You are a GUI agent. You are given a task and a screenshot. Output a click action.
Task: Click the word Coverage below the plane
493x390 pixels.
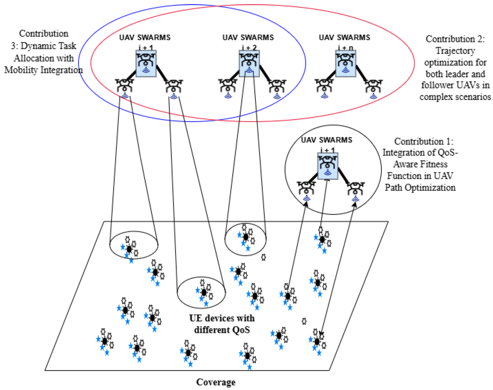point(216,382)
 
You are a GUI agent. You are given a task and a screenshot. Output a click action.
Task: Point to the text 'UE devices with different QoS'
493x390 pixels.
point(222,324)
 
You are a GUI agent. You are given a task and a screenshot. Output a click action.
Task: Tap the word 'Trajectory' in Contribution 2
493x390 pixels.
point(455,51)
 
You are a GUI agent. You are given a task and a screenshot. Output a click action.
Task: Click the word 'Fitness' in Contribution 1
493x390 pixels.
point(434,164)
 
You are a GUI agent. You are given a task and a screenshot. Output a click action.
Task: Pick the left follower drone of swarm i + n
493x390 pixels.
point(324,87)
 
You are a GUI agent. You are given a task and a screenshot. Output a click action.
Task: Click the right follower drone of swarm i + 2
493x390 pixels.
point(277,87)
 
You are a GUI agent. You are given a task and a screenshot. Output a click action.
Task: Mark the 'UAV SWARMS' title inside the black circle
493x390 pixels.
point(326,140)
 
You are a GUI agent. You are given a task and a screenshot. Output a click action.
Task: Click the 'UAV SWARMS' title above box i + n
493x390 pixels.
point(344,37)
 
